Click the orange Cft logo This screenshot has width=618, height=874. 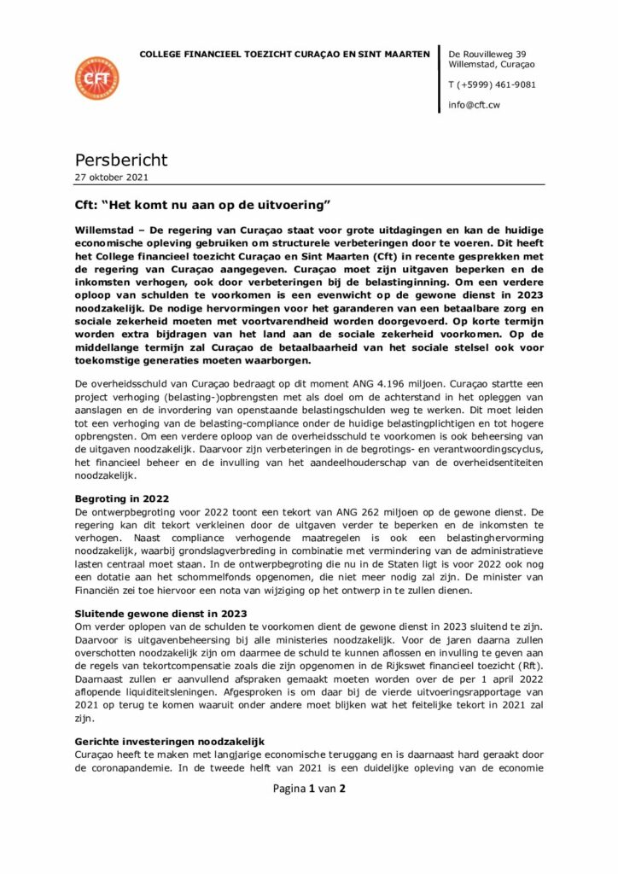click(x=96, y=79)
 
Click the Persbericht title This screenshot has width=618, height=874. click(x=121, y=160)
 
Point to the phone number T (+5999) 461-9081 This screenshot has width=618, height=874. click(x=492, y=84)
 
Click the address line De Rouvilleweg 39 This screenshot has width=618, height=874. click(x=487, y=54)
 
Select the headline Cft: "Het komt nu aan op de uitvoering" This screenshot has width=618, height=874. click(x=201, y=207)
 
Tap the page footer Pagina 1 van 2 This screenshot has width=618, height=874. click(x=309, y=789)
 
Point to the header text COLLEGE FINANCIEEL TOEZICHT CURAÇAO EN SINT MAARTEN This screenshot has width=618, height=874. click(x=284, y=54)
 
